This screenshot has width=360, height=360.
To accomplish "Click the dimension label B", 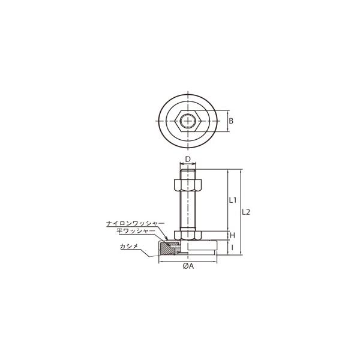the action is pyautogui.click(x=231, y=121).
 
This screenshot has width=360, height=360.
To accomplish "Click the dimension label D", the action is pyautogui.click(x=188, y=159).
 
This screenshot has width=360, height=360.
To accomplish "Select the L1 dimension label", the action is pyautogui.click(x=233, y=200).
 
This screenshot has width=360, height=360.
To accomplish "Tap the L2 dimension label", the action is pyautogui.click(x=246, y=212).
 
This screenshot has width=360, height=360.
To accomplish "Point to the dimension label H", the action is pyautogui.click(x=233, y=235).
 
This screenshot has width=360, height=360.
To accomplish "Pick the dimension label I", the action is pyautogui.click(x=232, y=247).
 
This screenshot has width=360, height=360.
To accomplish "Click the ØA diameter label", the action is pyautogui.click(x=188, y=266).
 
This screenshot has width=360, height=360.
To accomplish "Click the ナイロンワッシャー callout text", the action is pyautogui.click(x=136, y=223).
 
